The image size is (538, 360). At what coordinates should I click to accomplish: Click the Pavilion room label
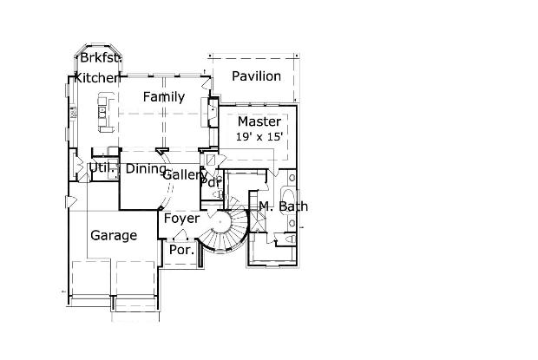(256, 76)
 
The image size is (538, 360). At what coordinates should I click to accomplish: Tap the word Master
(259, 121)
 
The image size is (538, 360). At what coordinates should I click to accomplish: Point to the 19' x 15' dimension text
(259, 137)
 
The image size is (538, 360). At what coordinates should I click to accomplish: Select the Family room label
(164, 97)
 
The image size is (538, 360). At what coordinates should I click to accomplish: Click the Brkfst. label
(101, 57)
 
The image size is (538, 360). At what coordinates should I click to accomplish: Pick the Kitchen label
(96, 78)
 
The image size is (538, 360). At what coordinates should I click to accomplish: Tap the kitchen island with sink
(105, 112)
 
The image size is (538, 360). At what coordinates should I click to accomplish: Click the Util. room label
(102, 168)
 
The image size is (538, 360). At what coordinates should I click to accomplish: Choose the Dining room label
(146, 168)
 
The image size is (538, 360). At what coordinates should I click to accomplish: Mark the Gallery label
(185, 175)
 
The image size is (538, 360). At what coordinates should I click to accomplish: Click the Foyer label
(181, 219)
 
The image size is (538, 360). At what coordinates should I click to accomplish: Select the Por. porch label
(182, 250)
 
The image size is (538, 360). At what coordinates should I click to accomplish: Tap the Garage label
(114, 236)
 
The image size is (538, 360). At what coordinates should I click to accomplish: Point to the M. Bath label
(284, 206)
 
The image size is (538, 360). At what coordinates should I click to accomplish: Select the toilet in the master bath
(291, 239)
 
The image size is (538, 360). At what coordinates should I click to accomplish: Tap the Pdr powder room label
(212, 182)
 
